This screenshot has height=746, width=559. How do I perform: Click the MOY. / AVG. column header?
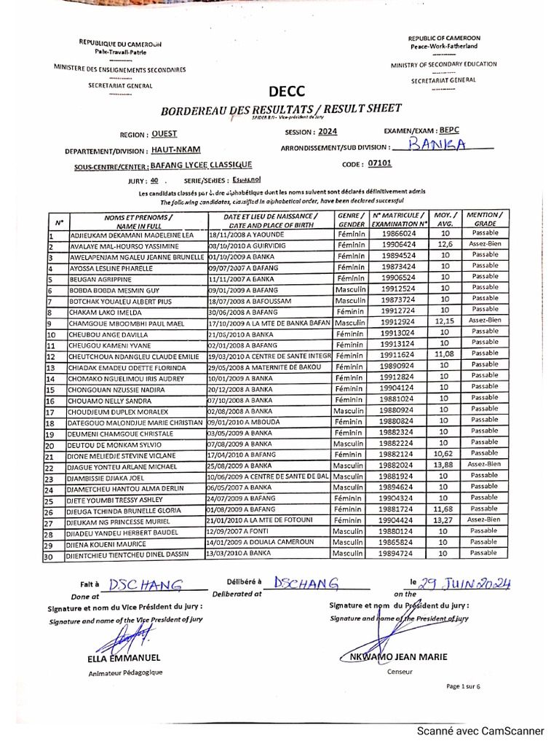[x=445, y=220]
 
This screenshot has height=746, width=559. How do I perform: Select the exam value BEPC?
[x=449, y=130]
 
